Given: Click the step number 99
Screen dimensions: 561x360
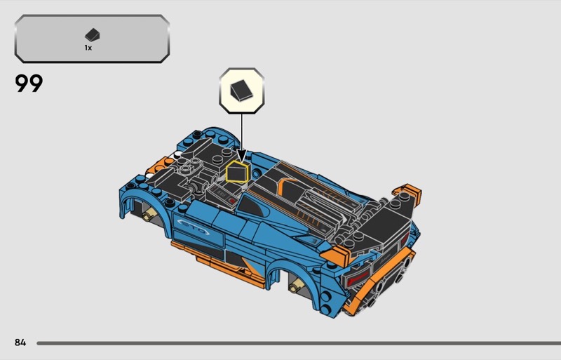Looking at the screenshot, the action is [x=29, y=83].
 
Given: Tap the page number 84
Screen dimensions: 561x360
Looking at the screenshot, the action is [x=20, y=342].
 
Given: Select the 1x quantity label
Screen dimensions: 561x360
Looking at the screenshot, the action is [x=88, y=48].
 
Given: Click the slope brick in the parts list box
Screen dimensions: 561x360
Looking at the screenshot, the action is [x=93, y=35].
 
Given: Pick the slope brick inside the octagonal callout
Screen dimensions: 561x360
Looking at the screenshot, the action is [x=241, y=90].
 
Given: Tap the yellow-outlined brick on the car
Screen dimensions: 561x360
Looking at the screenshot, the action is [x=237, y=172].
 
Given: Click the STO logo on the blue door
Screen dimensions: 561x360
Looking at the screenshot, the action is [x=194, y=227].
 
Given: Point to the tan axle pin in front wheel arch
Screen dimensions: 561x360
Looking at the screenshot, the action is [x=149, y=215].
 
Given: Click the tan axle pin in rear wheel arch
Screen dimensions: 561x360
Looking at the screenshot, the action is [x=297, y=286].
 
